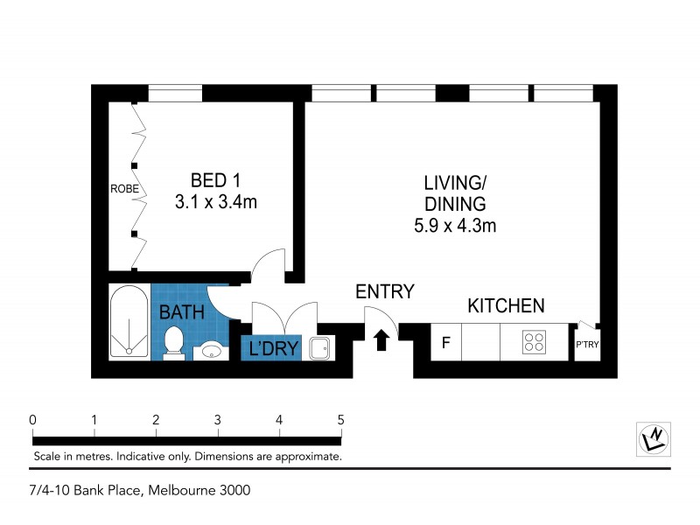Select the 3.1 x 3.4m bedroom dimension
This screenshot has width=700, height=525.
pos(215,202)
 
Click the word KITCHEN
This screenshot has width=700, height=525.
pos(506,306)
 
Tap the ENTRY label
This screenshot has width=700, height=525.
pos(384,292)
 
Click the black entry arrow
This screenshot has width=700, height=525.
pos(381,339)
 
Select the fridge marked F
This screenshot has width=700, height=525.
pos(445,342)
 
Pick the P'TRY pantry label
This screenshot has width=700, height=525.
pos(586,344)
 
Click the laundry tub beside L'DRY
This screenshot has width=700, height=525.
pos(319,348)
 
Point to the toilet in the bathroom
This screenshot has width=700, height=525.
pos(173,343)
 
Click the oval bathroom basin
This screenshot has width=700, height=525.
pos(210,351)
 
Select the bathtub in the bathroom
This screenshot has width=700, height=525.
pos(129,322)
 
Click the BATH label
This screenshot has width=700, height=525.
pos(182,311)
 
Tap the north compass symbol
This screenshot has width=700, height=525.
pos(654,437)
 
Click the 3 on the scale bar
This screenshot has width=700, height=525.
pos(217,419)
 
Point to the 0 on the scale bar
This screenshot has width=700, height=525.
pos(32,419)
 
